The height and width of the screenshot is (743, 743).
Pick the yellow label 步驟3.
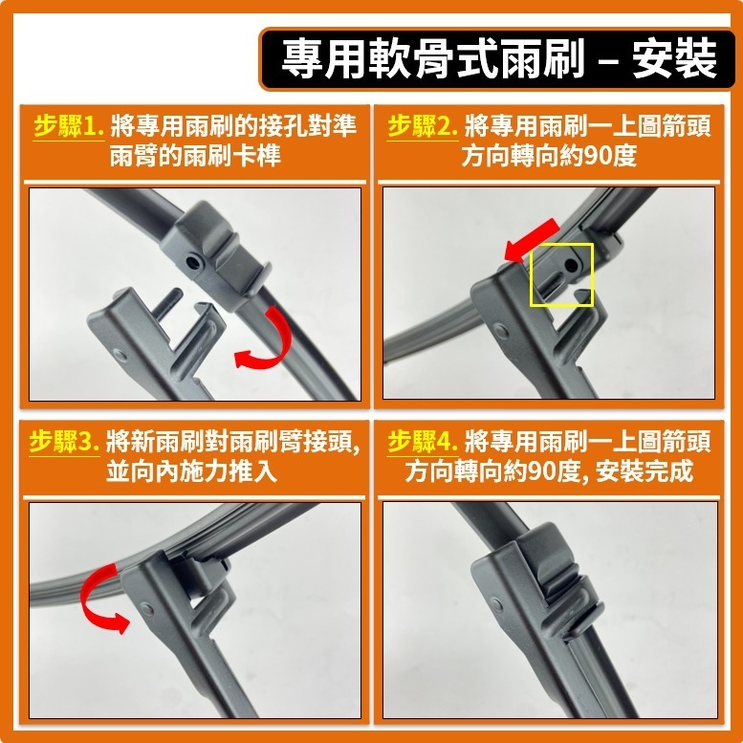point(65,443)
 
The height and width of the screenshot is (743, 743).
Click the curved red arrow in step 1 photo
point(260,342)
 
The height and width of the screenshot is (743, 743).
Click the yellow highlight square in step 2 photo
point(561,273)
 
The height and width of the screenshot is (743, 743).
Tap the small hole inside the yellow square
point(571,261)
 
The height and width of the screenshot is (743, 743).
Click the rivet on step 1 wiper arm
point(119,356)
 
